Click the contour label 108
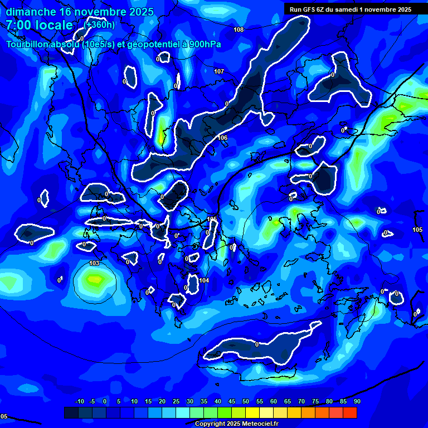239,30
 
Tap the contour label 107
219,71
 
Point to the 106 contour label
223,138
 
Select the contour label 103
94,263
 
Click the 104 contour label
204,280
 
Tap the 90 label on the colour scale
357,402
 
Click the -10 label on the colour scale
79,402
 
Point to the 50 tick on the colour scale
245,402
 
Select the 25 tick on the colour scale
176,402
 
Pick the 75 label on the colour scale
315,402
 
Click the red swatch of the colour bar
349,412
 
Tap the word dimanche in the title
31,11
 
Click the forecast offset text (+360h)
100,25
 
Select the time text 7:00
20,26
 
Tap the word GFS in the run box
310,9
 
